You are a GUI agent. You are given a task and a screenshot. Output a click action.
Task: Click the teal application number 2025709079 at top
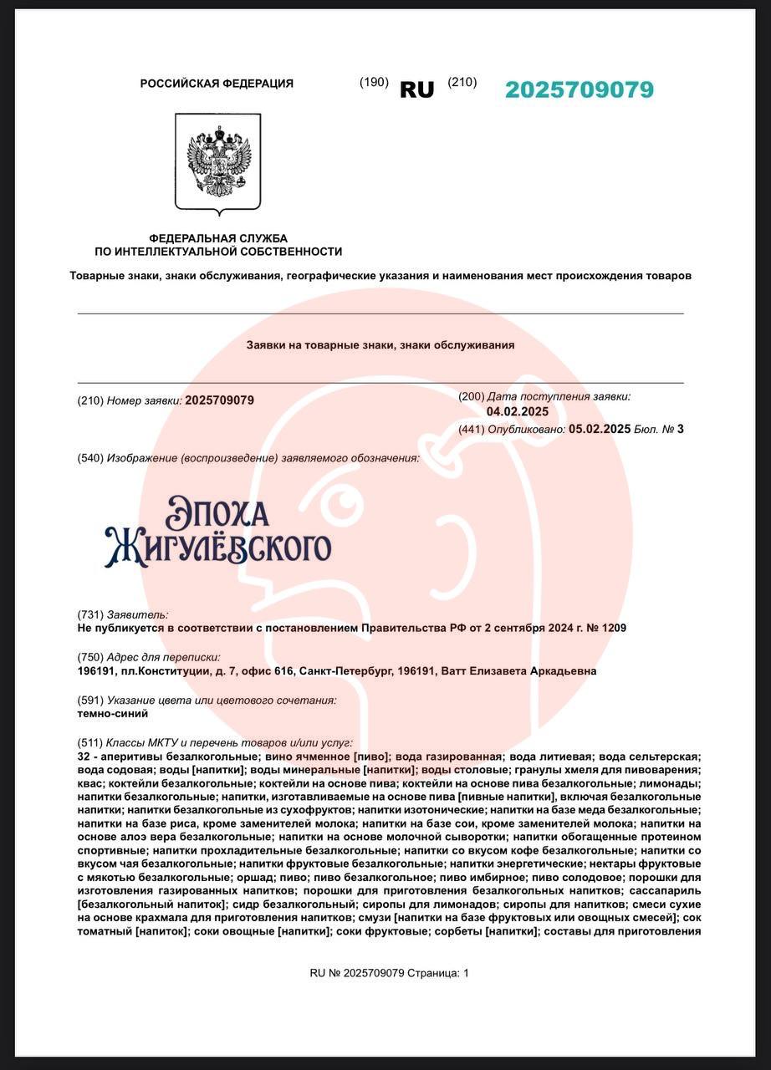(579, 89)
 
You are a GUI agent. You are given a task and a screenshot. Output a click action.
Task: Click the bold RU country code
(416, 90)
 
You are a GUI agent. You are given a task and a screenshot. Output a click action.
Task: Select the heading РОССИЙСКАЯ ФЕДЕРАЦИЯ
(217, 84)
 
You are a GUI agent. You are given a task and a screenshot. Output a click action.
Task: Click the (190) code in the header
(374, 82)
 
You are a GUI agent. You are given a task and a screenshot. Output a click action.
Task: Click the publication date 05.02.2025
(599, 429)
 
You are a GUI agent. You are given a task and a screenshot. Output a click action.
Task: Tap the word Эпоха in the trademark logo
(217, 512)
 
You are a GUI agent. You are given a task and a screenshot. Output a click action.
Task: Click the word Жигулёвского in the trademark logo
(217, 548)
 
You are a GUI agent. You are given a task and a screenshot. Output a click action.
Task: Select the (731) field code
(90, 614)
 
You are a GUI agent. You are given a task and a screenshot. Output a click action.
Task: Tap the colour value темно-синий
(112, 714)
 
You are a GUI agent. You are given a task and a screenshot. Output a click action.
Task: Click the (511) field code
(90, 742)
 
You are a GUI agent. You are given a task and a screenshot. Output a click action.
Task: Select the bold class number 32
(82, 756)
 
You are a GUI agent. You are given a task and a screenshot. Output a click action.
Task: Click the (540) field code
(90, 458)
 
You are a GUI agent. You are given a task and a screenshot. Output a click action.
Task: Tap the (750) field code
(90, 657)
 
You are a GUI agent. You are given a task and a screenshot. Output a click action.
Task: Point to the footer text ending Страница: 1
(389, 973)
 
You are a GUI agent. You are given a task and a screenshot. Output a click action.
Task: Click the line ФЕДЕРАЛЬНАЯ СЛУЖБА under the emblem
(217, 238)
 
